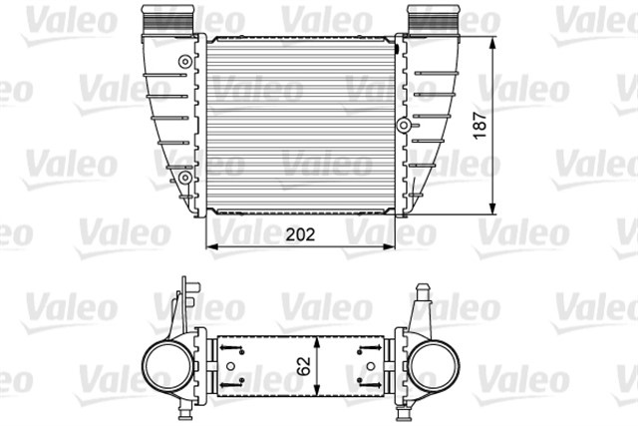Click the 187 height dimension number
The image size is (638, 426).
coord(509,129)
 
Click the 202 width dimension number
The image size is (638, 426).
coord(301,236)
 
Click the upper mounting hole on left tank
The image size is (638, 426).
coord(184,62)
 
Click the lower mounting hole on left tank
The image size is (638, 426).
coord(184,178)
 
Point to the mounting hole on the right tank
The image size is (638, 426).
coord(403,126)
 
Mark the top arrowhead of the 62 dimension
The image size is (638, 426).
coord(316,336)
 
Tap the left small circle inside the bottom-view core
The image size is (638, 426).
coord(240,380)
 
